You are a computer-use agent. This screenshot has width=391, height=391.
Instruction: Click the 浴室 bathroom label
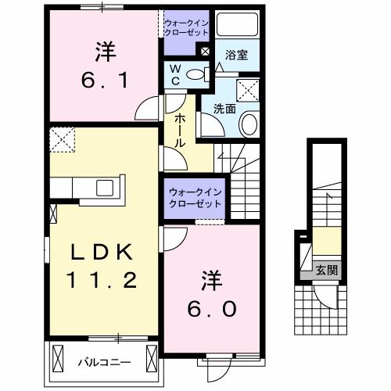(x=236, y=55)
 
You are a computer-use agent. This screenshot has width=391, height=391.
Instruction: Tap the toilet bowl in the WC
(x=195, y=75)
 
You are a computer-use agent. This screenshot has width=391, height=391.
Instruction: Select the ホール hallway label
(x=180, y=131)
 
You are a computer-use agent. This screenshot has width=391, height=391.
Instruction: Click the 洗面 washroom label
(x=224, y=109)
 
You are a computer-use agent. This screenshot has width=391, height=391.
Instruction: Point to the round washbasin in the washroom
(x=249, y=124)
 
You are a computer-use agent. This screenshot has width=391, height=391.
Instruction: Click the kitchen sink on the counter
(x=105, y=188)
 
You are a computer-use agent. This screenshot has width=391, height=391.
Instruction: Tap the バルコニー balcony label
(x=105, y=362)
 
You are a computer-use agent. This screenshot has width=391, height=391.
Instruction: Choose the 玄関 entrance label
(x=327, y=270)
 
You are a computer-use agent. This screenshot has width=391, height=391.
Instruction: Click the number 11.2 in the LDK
(x=102, y=280)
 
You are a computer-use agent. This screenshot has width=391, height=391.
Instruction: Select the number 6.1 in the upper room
(x=105, y=80)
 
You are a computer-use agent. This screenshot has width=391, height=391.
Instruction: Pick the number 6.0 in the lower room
(x=212, y=309)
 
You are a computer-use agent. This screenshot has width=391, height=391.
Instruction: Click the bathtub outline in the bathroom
(x=237, y=24)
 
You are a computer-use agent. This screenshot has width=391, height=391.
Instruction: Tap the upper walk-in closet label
(x=187, y=28)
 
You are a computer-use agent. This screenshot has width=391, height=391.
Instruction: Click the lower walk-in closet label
(x=195, y=198)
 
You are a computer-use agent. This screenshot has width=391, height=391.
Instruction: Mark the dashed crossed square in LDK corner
(x=63, y=140)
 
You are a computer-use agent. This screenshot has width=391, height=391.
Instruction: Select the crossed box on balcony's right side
(x=152, y=359)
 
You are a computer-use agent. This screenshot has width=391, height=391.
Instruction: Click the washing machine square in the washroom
(x=247, y=90)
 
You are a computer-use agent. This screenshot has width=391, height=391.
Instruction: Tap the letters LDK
(x=102, y=253)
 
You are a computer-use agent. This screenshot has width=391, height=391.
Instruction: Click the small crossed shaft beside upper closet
(x=205, y=52)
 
